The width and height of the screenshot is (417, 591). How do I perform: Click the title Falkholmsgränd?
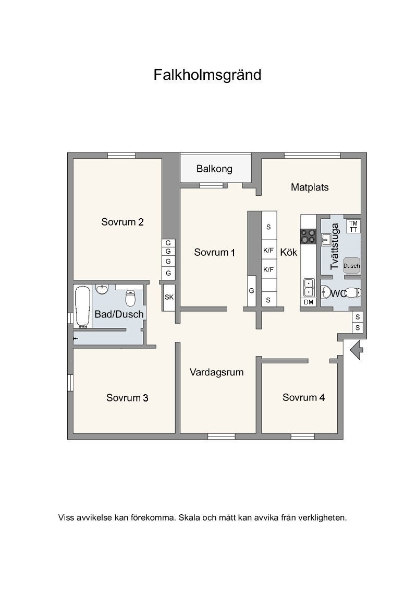207,75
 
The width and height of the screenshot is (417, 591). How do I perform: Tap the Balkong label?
214,169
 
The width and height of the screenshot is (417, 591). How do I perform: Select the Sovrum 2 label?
122,221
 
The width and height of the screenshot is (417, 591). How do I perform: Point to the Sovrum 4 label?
303,397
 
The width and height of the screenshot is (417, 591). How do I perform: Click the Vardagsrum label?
216,372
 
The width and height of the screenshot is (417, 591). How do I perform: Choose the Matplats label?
310,187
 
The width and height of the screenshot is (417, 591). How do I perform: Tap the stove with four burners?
308,237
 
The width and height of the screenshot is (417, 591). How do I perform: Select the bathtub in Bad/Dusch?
83,307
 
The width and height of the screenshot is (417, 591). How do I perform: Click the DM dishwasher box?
308,302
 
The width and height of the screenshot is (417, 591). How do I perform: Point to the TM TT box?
353,226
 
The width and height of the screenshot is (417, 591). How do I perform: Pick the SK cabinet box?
169,297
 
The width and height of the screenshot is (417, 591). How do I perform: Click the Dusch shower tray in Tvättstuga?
351,266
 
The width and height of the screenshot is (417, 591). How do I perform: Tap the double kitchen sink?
309,288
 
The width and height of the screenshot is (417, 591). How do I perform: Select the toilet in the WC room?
353,292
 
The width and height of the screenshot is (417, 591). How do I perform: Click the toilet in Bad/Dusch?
130,298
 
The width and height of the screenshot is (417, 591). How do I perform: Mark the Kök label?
289,252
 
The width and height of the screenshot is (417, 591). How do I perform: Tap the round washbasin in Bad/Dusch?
102,289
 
